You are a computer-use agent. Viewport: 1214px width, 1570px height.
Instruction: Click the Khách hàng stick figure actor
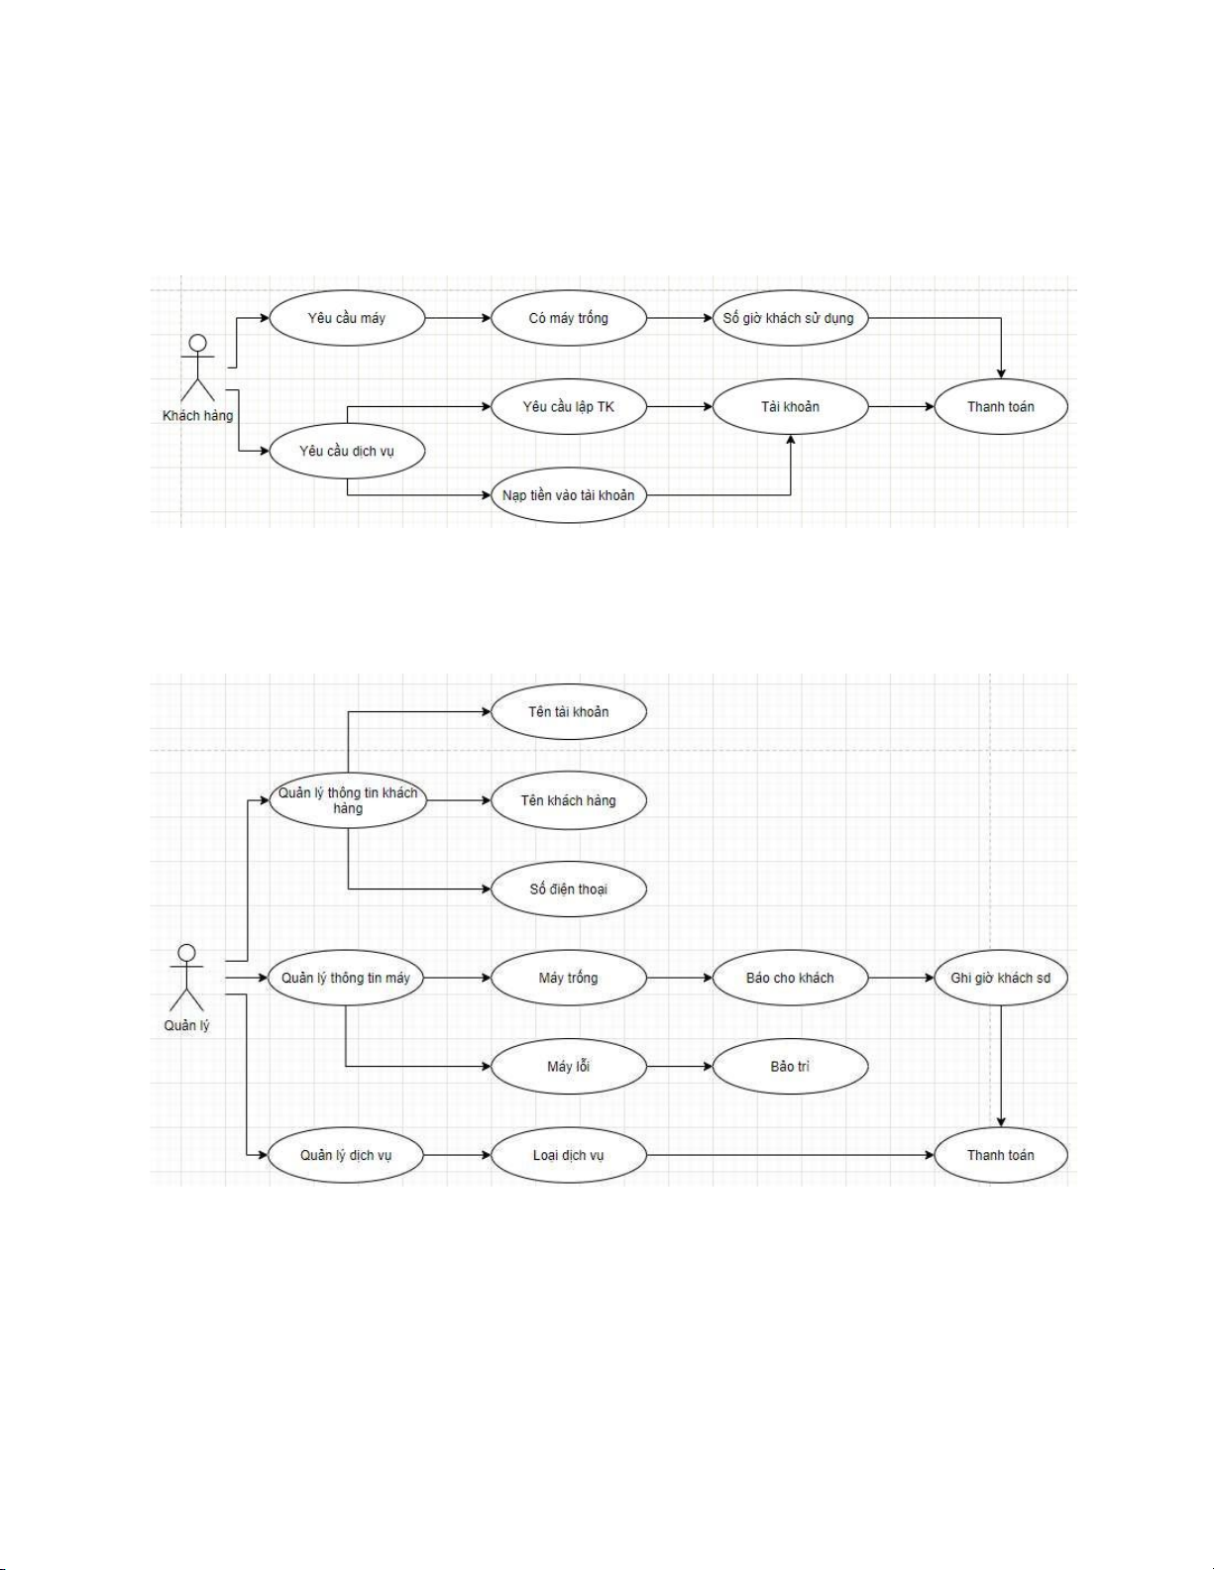coord(198,367)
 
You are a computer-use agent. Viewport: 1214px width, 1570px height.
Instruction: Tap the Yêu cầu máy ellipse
coord(347,318)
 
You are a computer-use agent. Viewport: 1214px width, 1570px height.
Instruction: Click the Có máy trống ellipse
coord(569,318)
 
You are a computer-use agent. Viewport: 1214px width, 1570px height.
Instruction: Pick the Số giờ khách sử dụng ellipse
coord(790,318)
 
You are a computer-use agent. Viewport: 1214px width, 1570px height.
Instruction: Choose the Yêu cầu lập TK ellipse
coord(569,406)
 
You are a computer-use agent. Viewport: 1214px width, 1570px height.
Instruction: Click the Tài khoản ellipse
coord(790,406)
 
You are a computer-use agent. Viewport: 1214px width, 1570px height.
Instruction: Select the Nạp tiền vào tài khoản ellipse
coord(569,494)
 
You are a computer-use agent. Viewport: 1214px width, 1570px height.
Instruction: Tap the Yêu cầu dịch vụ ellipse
coord(347,451)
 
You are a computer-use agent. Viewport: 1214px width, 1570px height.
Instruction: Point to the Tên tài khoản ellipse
coord(569,711)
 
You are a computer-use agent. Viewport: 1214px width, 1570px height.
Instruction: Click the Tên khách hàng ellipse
coord(569,800)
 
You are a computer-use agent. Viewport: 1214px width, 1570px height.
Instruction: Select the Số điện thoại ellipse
coord(569,889)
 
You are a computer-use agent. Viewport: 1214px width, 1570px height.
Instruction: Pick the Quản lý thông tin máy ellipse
coord(347,978)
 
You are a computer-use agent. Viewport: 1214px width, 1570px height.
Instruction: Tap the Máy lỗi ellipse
coord(569,1066)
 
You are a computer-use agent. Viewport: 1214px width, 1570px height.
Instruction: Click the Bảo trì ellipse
coord(790,1066)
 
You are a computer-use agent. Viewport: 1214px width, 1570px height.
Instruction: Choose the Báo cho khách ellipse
coord(790,978)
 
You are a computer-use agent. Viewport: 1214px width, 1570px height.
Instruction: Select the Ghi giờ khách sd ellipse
coord(1001,978)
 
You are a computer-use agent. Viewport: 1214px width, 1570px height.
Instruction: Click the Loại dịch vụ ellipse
coord(569,1155)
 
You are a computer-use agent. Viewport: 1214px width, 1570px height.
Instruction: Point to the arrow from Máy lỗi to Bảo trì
coord(680,1066)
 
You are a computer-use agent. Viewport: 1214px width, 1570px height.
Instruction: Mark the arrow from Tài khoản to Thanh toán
coord(901,406)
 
